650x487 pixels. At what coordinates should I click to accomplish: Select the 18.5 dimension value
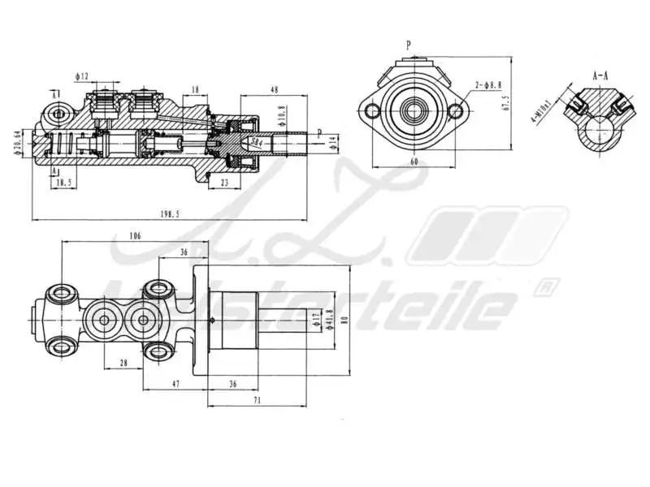(x=63, y=184)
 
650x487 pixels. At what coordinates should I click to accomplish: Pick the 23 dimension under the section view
(x=225, y=183)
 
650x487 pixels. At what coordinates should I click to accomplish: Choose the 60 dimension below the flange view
(x=414, y=162)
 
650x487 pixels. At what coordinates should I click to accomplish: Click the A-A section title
(x=600, y=75)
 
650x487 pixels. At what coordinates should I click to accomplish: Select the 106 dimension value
(x=136, y=235)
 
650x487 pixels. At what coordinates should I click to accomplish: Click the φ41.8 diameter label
(x=329, y=318)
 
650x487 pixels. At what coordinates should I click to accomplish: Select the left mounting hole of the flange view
(x=373, y=110)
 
